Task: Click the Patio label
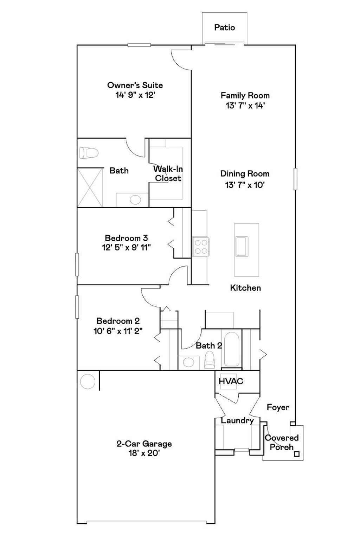tap(224, 27)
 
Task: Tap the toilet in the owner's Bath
tap(88, 153)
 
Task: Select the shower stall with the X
tap(90, 187)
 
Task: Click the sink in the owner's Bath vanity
tap(135, 200)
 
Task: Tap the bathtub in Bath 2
tap(232, 349)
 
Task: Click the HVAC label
tap(231, 381)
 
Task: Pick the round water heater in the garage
tap(87, 382)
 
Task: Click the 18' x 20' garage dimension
tap(144, 453)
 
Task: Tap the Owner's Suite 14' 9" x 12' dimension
tap(135, 95)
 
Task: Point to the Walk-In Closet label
tap(168, 173)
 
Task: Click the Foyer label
tap(278, 407)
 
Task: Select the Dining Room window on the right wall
tap(295, 179)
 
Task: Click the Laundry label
tap(237, 420)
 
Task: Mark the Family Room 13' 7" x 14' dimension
tap(245, 106)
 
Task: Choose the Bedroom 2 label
tap(118, 321)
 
